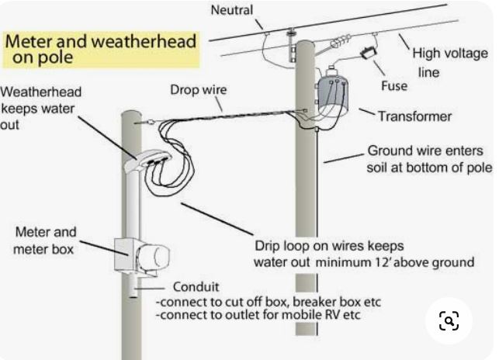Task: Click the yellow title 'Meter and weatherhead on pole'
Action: [x=100, y=48]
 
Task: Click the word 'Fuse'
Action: [x=394, y=85]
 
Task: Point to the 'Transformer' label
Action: [x=414, y=116]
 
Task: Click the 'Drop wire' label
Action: [x=198, y=89]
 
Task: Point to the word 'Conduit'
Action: [x=196, y=286]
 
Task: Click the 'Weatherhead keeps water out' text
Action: [x=40, y=108]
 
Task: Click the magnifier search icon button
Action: [x=449, y=320]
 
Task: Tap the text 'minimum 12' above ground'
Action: [x=394, y=262]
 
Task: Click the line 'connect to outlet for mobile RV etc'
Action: [x=258, y=316]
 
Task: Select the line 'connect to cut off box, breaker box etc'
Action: [x=269, y=301]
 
